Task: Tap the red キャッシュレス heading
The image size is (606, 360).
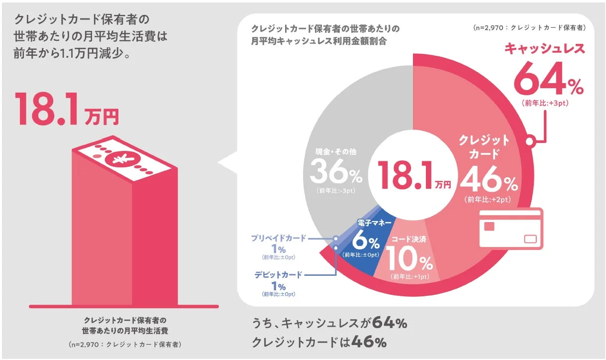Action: coord(544,49)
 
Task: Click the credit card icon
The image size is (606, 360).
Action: coord(511,229)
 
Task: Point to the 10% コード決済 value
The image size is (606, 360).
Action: coord(409,259)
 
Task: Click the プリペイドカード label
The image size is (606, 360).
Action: coord(278,238)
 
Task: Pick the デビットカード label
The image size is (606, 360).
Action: coord(278,274)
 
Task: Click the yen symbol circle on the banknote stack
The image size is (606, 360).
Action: coord(119,159)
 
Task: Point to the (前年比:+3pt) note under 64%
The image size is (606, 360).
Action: coord(545,103)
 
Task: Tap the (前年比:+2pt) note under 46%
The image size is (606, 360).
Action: coord(488,200)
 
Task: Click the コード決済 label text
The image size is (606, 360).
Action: coord(408,240)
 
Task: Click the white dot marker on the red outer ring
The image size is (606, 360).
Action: coord(530,141)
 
